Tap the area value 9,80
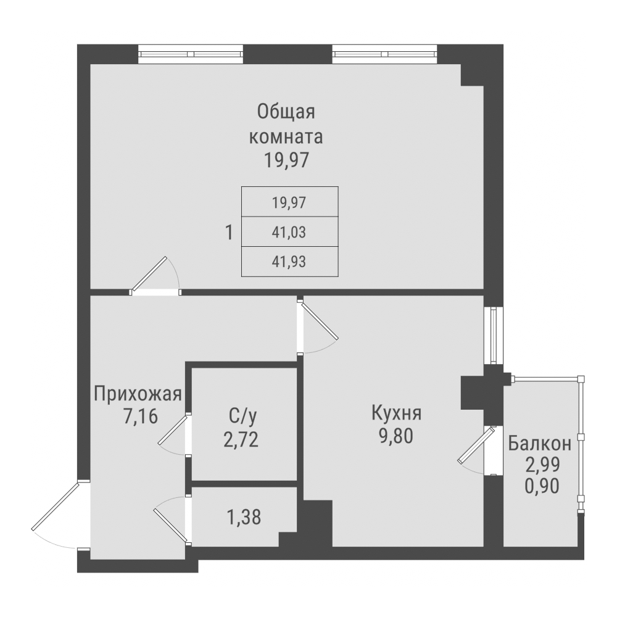coord(395,436)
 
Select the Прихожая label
coord(138,393)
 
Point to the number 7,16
coord(141,416)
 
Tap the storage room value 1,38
coord(244,516)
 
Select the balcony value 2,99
coord(542,465)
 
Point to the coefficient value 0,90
coord(542,486)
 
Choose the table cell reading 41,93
coord(289,262)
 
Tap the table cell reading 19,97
coord(289,202)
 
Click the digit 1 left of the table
coord(229,233)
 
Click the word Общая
coord(286,112)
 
